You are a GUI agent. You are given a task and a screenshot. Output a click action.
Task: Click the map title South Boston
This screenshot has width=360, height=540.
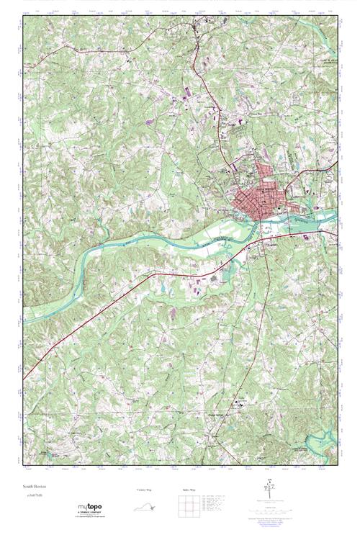click(35, 485)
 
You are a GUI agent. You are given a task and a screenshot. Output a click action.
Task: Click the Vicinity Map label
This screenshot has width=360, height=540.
click(145, 490)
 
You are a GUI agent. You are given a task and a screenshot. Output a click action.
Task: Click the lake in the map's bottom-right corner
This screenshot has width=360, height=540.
click(328, 439)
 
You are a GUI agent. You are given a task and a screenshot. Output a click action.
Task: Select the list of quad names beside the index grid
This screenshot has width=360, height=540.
click(215, 505)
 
